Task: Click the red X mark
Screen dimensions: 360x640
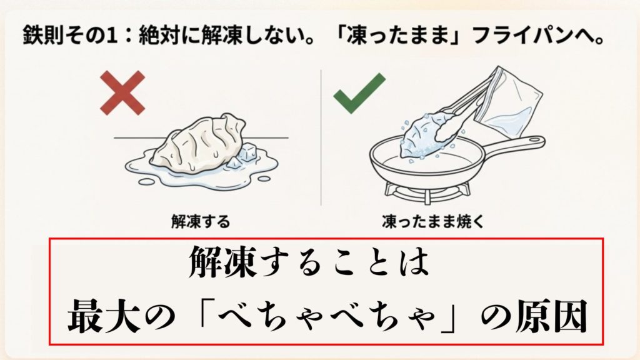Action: tap(121, 93)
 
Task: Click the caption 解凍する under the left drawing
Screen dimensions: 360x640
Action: tap(201, 221)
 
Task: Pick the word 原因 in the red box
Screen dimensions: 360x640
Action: tap(556, 317)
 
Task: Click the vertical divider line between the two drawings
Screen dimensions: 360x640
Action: tap(321, 137)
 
